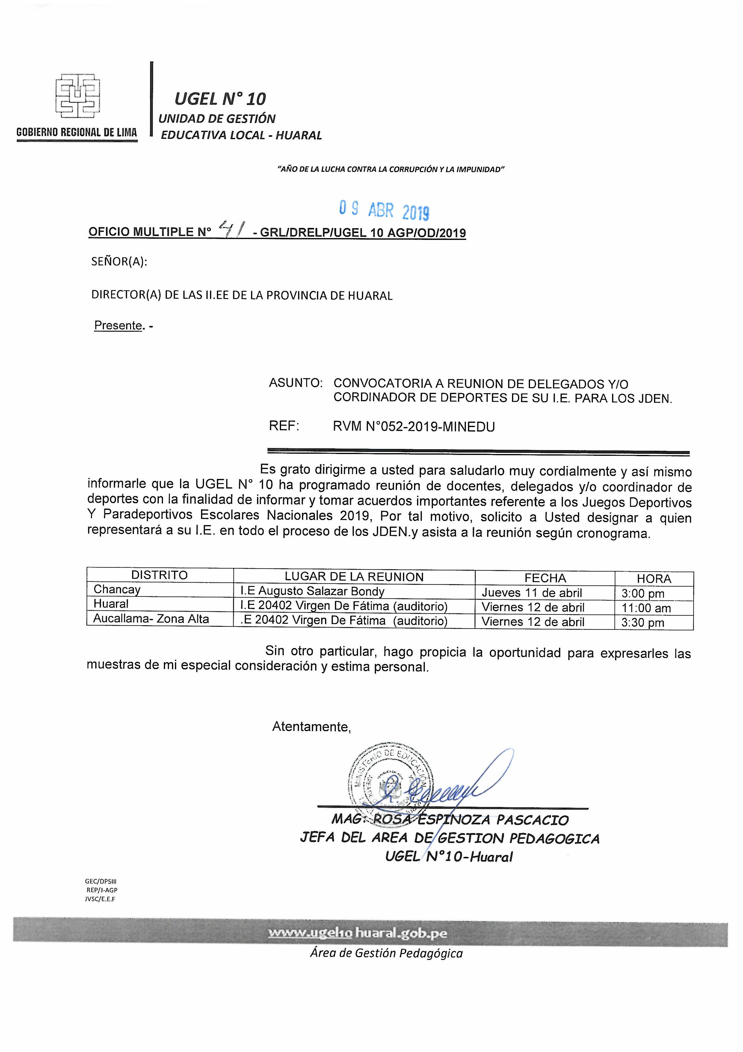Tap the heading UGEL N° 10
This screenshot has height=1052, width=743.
[220, 98]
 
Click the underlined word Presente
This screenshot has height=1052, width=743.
[118, 325]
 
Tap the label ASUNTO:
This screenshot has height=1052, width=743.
[296, 383]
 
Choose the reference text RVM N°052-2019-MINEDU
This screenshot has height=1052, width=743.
[414, 427]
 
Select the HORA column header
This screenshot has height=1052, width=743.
[654, 579]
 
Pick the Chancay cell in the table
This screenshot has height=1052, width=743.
[117, 589]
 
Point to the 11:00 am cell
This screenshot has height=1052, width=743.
[646, 608]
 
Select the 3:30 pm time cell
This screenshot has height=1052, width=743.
[642, 623]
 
